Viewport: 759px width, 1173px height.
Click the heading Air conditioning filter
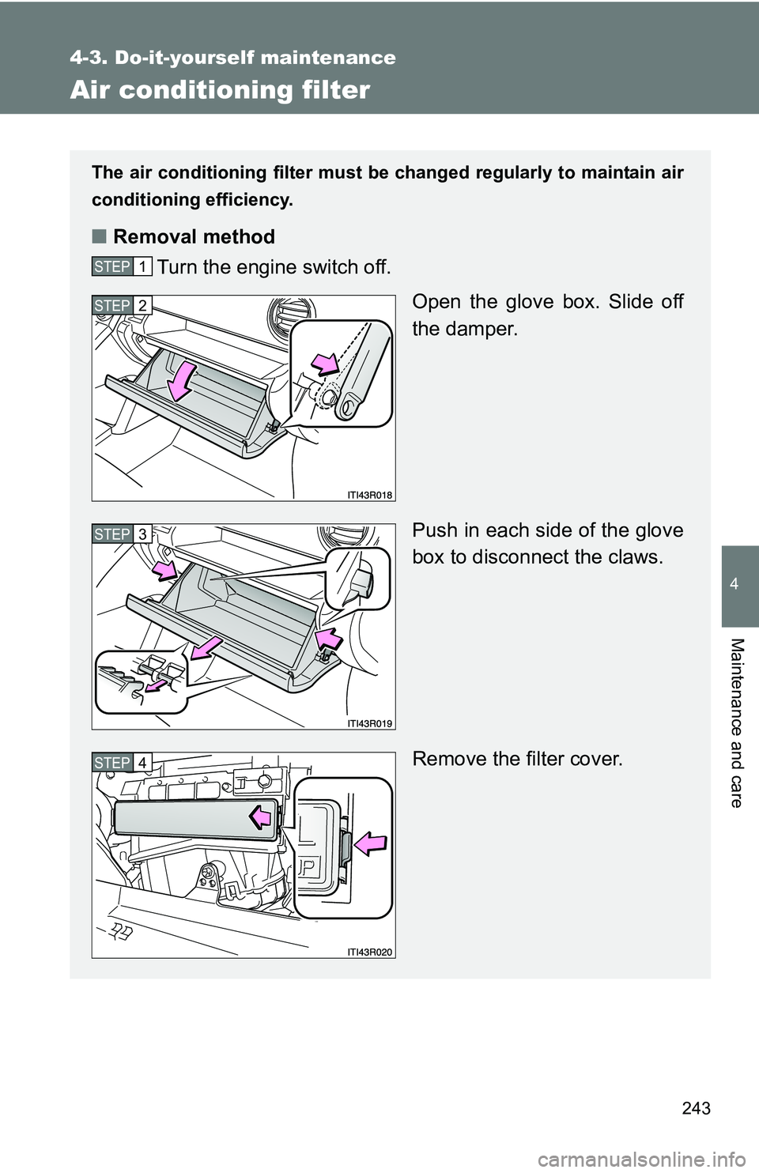click(220, 90)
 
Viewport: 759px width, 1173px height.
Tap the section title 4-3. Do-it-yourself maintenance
click(232, 58)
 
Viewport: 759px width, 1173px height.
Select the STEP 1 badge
click(122, 266)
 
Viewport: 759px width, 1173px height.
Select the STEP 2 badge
click(122, 305)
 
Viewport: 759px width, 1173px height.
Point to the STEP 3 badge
click(122, 534)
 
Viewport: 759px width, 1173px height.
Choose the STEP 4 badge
click(122, 763)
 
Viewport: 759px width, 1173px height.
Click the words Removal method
click(194, 236)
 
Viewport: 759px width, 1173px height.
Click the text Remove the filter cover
click(517, 760)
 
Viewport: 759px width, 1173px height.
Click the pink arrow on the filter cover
click(262, 818)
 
